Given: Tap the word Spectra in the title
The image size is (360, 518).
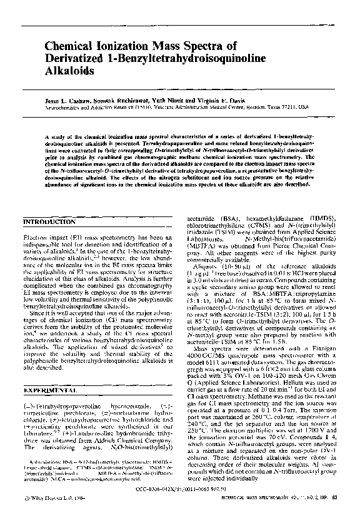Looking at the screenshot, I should [x=212, y=46].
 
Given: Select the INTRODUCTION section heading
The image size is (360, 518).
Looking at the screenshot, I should [x=51, y=222].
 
